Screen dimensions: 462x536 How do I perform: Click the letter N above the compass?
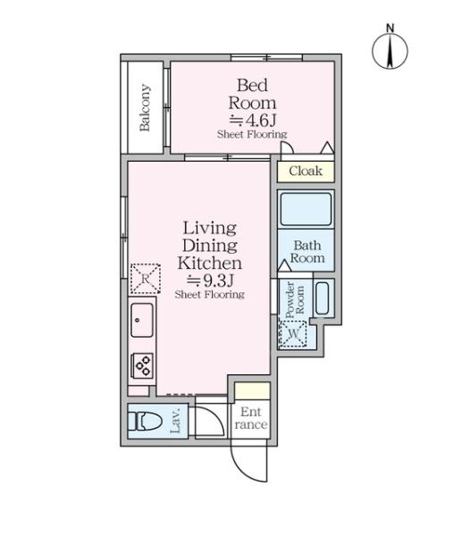390,28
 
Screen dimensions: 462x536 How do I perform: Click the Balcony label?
145,107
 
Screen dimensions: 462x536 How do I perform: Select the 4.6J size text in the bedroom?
252,120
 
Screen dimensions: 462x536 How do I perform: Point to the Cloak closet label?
306,171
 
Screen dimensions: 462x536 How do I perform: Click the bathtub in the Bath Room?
306,208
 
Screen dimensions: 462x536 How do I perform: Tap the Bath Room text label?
307,252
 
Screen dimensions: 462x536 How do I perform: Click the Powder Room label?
294,299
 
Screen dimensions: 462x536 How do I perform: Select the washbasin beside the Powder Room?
322,297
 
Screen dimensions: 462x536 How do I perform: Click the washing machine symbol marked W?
293,333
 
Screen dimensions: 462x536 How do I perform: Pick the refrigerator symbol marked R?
146,279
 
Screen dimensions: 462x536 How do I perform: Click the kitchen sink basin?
142,320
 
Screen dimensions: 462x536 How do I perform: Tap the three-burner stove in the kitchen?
142,365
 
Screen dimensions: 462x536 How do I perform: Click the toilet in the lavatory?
144,421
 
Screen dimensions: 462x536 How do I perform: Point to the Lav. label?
175,421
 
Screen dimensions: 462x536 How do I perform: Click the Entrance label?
251,418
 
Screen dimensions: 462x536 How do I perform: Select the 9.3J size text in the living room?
210,281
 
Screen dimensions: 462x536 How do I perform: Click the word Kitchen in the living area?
210,263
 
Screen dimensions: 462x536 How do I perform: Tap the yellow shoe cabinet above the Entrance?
252,390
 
